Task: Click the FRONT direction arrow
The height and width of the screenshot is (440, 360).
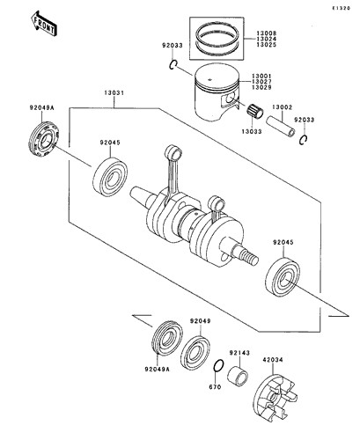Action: coord(44,24)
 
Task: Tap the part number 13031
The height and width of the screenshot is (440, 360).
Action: coord(114,93)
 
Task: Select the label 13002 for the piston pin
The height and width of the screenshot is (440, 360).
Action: coord(282,107)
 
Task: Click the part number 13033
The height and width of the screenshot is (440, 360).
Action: coord(252,132)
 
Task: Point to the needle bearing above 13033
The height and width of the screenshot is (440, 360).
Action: coord(254,111)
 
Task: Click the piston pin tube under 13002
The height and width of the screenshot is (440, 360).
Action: coord(281,127)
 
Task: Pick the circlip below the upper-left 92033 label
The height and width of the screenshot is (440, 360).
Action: coord(173,64)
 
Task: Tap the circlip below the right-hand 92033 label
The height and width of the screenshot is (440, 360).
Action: coord(303,139)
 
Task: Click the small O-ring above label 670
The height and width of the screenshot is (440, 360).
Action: coord(218,366)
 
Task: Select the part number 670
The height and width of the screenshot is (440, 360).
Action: coord(215,387)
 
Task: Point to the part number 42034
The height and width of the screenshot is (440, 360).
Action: coord(273,360)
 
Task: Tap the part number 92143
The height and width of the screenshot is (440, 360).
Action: coord(239,353)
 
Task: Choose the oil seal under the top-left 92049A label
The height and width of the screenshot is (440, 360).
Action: coord(44,139)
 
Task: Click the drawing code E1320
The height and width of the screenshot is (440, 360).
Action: coord(342,9)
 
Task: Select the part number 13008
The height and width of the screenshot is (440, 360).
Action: coord(267,33)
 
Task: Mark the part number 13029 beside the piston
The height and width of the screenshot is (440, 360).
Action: coord(261,87)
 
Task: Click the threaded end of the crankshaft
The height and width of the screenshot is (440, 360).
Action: coord(249,257)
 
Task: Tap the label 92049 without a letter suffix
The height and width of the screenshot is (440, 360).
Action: coord(200,321)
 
